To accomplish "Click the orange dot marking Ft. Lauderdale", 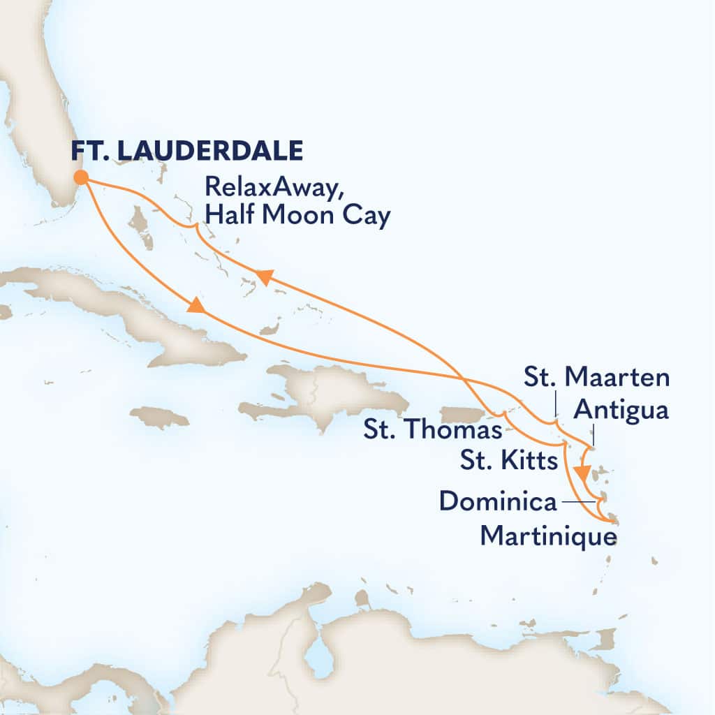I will click(81, 177).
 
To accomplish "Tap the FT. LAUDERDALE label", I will click(186, 150).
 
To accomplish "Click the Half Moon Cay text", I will click(297, 216).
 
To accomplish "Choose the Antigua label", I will click(620, 411).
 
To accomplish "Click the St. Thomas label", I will click(433, 430).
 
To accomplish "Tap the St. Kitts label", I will click(508, 461).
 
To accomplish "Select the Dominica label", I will click(498, 501).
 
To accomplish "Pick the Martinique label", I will click(549, 537).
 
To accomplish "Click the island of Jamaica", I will click(159, 417).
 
